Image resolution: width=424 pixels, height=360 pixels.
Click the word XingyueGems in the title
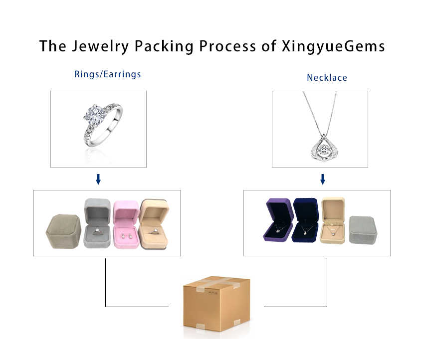[333, 46]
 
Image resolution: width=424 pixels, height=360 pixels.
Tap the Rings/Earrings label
[108, 74]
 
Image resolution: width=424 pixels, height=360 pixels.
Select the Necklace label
[327, 78]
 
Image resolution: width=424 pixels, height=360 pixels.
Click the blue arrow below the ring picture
[98, 179]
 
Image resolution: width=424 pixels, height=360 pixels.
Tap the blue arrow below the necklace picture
[323, 179]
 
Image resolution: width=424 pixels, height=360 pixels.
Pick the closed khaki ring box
[63, 232]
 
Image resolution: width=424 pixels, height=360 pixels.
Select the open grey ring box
[97, 224]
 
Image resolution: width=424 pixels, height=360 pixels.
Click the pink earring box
[126, 225]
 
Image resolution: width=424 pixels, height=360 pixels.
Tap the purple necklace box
[279, 220]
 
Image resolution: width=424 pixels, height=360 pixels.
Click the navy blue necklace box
[305, 220]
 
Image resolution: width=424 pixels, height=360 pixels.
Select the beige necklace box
[332, 220]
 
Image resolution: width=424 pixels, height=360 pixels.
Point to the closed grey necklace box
[363, 230]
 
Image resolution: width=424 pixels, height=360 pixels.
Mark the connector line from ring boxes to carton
[106, 289]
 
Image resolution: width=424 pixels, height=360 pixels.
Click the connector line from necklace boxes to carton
[327, 289]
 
